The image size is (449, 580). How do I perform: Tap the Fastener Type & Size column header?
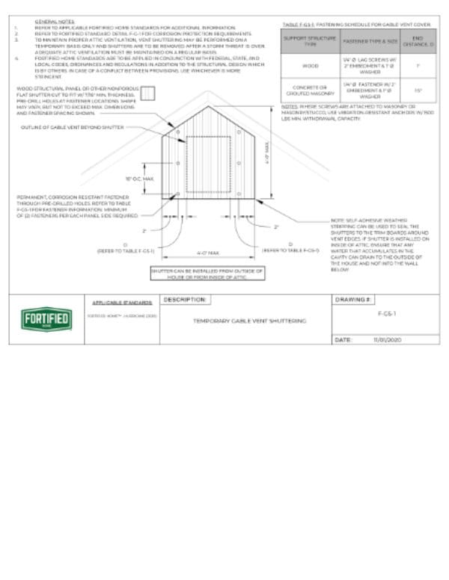coord(361,42)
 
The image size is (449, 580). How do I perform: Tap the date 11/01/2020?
coord(388,339)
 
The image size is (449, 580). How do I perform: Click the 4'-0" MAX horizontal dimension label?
coord(207,253)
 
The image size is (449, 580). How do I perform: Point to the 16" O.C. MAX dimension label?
coord(139,179)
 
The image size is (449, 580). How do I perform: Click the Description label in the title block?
coord(183,300)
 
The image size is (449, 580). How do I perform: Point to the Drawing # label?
coord(351,300)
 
